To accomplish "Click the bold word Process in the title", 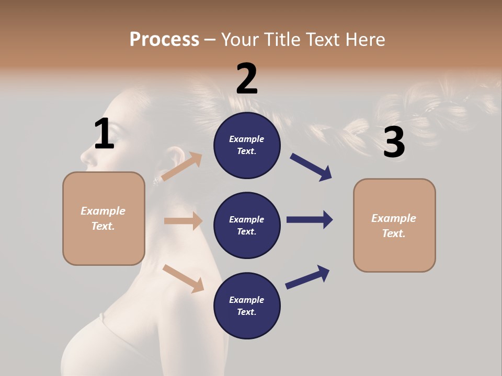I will click(x=164, y=39).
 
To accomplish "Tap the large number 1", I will click(x=104, y=134).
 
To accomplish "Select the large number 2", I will click(x=247, y=78).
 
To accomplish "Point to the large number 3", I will click(x=394, y=143).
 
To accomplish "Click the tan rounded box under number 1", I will click(x=104, y=218).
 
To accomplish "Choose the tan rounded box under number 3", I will click(x=394, y=226).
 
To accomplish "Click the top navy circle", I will click(x=247, y=145).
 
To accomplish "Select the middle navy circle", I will click(x=247, y=226).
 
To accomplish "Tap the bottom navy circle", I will click(x=247, y=306).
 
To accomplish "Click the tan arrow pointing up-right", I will click(x=182, y=167).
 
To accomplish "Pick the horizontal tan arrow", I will click(x=183, y=221).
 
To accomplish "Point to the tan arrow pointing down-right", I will click(x=184, y=278).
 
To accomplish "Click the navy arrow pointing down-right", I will click(x=311, y=167).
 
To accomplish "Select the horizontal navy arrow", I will click(x=310, y=220).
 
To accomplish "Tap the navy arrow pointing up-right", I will click(x=307, y=277).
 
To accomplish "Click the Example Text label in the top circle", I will click(x=247, y=145).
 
